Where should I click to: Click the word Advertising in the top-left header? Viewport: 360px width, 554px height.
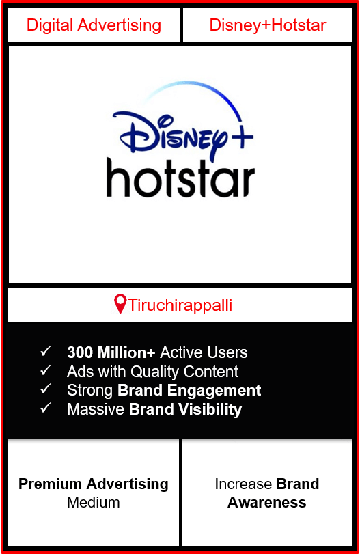[120, 25]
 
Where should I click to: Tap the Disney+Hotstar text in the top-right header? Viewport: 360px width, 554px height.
[268, 25]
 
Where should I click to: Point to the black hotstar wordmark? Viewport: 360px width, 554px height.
[180, 178]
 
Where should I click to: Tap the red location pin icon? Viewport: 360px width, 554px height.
[120, 304]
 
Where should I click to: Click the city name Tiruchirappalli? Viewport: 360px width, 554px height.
[180, 305]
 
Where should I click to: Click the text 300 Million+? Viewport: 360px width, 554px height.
[111, 352]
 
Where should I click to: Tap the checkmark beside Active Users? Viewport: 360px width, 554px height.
[46, 351]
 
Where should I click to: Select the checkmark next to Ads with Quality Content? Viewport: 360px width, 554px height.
[46, 370]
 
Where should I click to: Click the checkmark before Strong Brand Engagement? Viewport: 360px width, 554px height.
[46, 389]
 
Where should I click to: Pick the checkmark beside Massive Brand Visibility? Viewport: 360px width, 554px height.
[46, 408]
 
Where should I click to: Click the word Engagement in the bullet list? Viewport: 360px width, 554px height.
[214, 391]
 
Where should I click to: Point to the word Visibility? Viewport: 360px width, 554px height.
[210, 409]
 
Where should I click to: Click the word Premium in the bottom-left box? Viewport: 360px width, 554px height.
[50, 484]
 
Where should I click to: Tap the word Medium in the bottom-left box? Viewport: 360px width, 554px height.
[94, 502]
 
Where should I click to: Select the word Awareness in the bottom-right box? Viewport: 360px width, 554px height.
[266, 502]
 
